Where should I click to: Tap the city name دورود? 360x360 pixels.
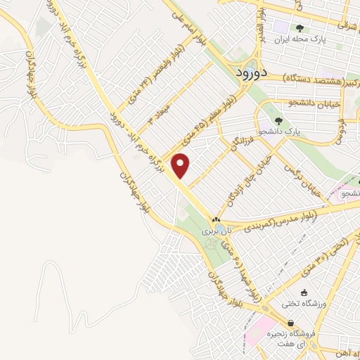click(x=248, y=72)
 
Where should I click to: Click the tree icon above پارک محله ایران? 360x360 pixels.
click(x=300, y=28)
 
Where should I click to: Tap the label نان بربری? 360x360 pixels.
click(x=212, y=231)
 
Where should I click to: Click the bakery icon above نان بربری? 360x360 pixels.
click(x=217, y=219)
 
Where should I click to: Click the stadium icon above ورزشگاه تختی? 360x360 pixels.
click(x=303, y=292)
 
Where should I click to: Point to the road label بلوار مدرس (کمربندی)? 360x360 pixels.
click(x=289, y=219)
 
